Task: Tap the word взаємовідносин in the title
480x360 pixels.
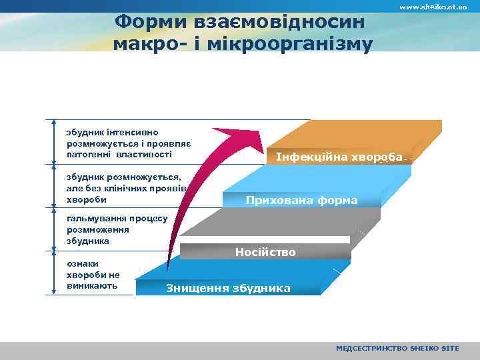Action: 279,21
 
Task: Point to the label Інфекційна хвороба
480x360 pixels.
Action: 339,157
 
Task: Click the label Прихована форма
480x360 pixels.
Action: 301,200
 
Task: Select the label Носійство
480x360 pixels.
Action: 265,252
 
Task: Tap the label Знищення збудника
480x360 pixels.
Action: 228,288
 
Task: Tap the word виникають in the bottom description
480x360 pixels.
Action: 92,285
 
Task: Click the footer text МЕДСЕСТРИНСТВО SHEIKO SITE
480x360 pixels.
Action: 397,349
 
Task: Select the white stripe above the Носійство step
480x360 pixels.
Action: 267,239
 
